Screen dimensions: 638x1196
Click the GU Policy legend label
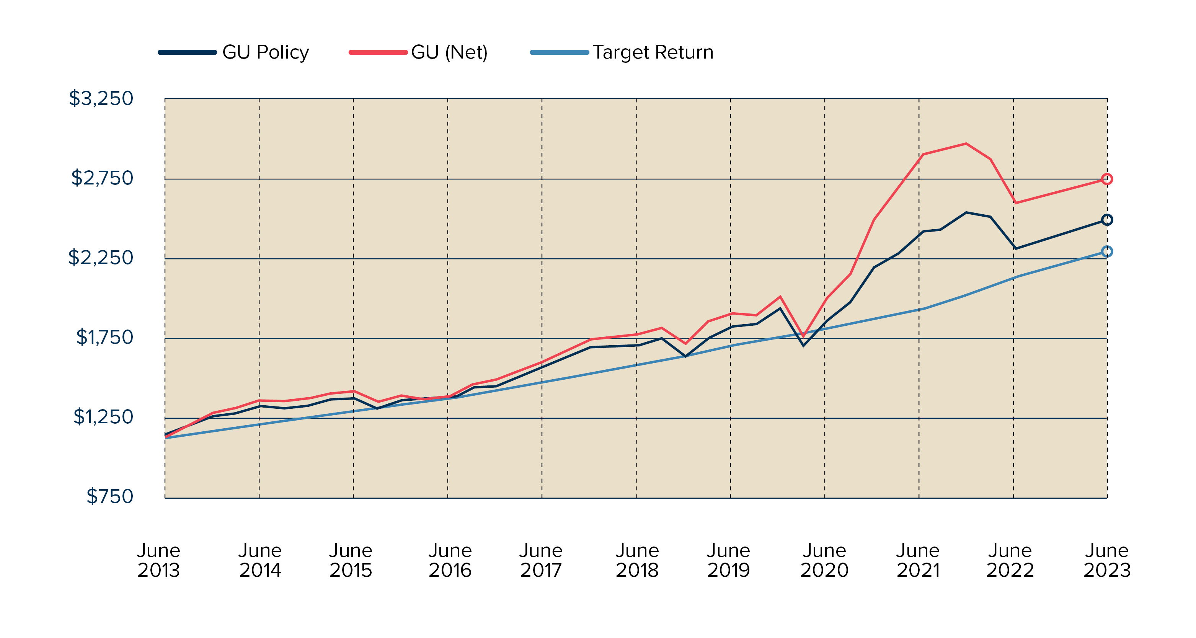(x=265, y=52)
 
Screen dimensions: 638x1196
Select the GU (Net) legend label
(x=449, y=52)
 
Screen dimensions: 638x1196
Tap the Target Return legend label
(x=653, y=52)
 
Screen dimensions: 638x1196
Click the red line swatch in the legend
(x=377, y=52)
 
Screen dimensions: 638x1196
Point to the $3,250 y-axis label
(x=101, y=98)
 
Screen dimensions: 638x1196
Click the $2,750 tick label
(x=102, y=178)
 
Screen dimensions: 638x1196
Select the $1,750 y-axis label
(x=104, y=337)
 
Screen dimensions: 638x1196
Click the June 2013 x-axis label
(x=158, y=560)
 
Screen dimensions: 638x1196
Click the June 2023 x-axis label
(x=1106, y=560)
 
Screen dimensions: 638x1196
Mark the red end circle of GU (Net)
(x=1106, y=179)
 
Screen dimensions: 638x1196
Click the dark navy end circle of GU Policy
(x=1106, y=220)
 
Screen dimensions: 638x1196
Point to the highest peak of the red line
(x=966, y=144)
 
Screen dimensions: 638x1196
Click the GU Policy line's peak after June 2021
(x=966, y=213)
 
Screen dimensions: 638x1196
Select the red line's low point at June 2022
(x=1016, y=203)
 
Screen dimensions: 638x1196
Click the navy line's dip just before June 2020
(x=803, y=346)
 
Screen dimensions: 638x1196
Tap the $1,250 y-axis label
(x=103, y=416)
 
